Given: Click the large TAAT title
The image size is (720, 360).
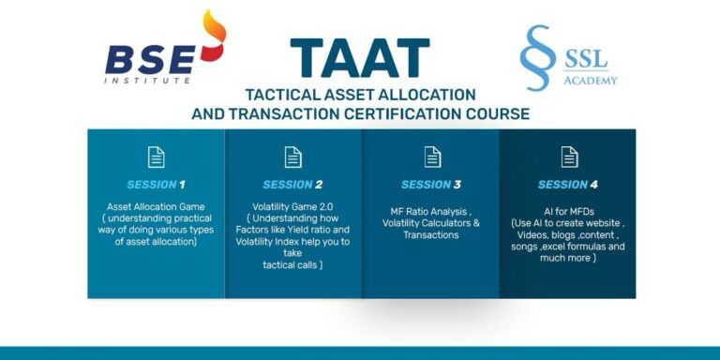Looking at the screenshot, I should pos(360,57).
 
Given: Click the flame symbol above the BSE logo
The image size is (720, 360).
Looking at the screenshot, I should pos(213,35).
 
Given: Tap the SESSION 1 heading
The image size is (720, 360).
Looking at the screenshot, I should pos(156,185).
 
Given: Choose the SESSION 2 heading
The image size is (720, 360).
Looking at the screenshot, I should pos(292,185).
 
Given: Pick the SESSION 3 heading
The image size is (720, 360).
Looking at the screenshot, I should pos(430,185).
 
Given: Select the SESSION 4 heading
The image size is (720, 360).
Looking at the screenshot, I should pos(568,185).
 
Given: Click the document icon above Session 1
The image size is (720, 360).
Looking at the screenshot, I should pos(156,157).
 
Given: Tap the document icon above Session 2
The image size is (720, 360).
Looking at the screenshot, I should pos(293,157).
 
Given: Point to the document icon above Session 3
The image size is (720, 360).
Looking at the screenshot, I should pos(431,157).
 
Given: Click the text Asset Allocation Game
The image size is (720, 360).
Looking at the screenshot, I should pos(156,206).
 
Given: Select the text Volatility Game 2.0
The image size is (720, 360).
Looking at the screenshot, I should pos(293,206).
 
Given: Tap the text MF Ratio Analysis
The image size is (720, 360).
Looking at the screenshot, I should pos(430,211).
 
